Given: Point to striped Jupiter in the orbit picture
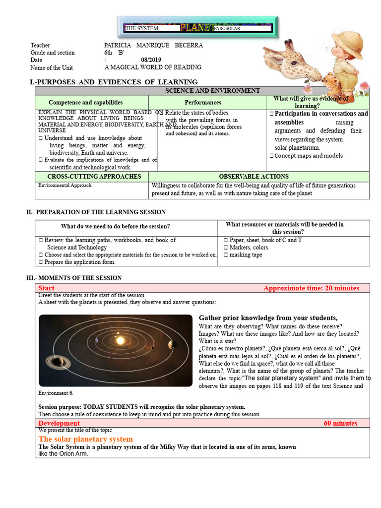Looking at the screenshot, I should point(171,345).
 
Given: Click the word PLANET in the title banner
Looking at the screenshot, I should point(197,28).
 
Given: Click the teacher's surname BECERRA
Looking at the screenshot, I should point(189,45).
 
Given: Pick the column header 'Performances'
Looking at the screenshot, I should point(207,102).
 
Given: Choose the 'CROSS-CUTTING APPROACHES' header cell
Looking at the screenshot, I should point(94,177).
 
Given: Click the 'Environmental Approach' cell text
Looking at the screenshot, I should point(65,186).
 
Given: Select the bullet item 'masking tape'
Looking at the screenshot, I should point(246,255).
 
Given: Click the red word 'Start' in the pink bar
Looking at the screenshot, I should point(47,288).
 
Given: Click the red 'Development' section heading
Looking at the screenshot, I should point(59,423).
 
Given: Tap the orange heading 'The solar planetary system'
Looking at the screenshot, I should point(86,439).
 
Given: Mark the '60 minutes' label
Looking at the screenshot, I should point(340,423).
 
